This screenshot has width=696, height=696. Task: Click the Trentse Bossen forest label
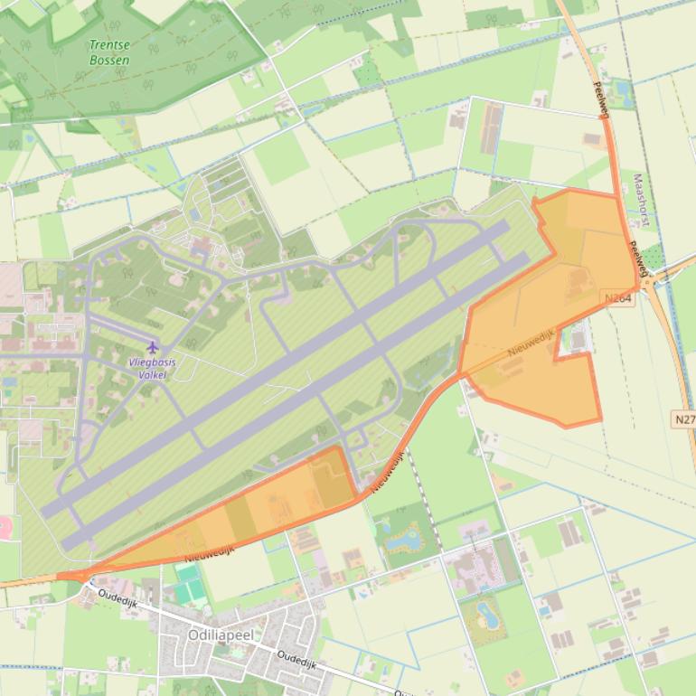pos(109,52)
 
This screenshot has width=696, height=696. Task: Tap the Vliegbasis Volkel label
pos(152,368)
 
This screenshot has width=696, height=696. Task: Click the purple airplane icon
pos(152,347)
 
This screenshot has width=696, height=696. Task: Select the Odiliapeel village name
pos(221,635)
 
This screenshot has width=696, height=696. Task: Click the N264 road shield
pos(619,297)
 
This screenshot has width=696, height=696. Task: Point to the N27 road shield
pos(684,419)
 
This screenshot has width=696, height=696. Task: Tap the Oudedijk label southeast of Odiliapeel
pos(298,661)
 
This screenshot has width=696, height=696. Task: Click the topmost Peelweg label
pos(598,96)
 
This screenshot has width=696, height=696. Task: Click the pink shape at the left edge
pos(5,528)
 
